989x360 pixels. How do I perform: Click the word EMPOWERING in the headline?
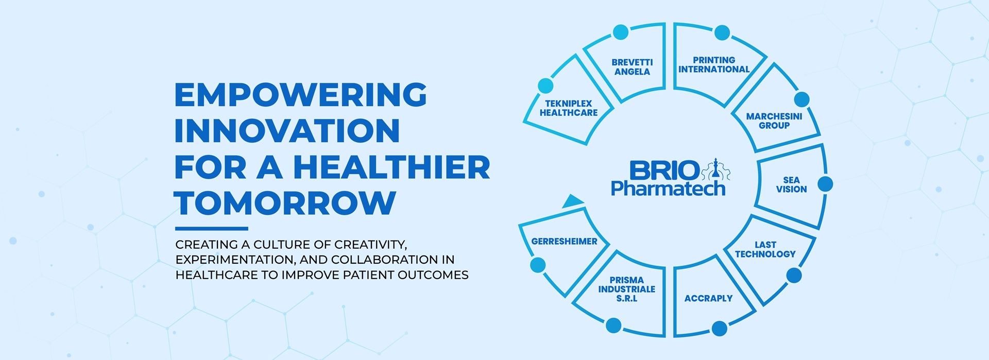pyautogui.click(x=301, y=95)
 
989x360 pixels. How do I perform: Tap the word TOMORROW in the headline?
pyautogui.click(x=285, y=203)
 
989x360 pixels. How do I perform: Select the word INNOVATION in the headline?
pyautogui.click(x=287, y=131)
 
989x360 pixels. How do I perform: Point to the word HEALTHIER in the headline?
pyautogui.click(x=392, y=167)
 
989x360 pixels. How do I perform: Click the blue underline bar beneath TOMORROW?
pyautogui.click(x=212, y=228)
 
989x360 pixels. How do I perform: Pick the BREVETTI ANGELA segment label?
pyautogui.click(x=632, y=67)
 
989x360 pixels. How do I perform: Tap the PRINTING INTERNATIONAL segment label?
pyautogui.click(x=714, y=65)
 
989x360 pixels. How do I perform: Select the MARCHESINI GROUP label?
pyautogui.click(x=774, y=121)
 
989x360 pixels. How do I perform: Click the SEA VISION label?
pyautogui.click(x=792, y=185)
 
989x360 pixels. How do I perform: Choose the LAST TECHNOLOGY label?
pyautogui.click(x=765, y=249)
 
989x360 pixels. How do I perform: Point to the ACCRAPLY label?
pyautogui.click(x=708, y=298)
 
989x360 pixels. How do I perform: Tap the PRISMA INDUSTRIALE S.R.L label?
pyautogui.click(x=627, y=289)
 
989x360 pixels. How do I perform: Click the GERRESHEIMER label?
pyautogui.click(x=565, y=241)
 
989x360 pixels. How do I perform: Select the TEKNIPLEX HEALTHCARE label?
pyautogui.click(x=569, y=108)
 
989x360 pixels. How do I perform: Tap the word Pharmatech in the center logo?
pyautogui.click(x=668, y=188)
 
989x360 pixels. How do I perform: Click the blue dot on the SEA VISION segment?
pyautogui.click(x=825, y=184)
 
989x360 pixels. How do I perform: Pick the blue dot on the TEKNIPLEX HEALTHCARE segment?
pyautogui.click(x=545, y=85)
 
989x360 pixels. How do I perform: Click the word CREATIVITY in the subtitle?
pyautogui.click(x=370, y=244)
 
